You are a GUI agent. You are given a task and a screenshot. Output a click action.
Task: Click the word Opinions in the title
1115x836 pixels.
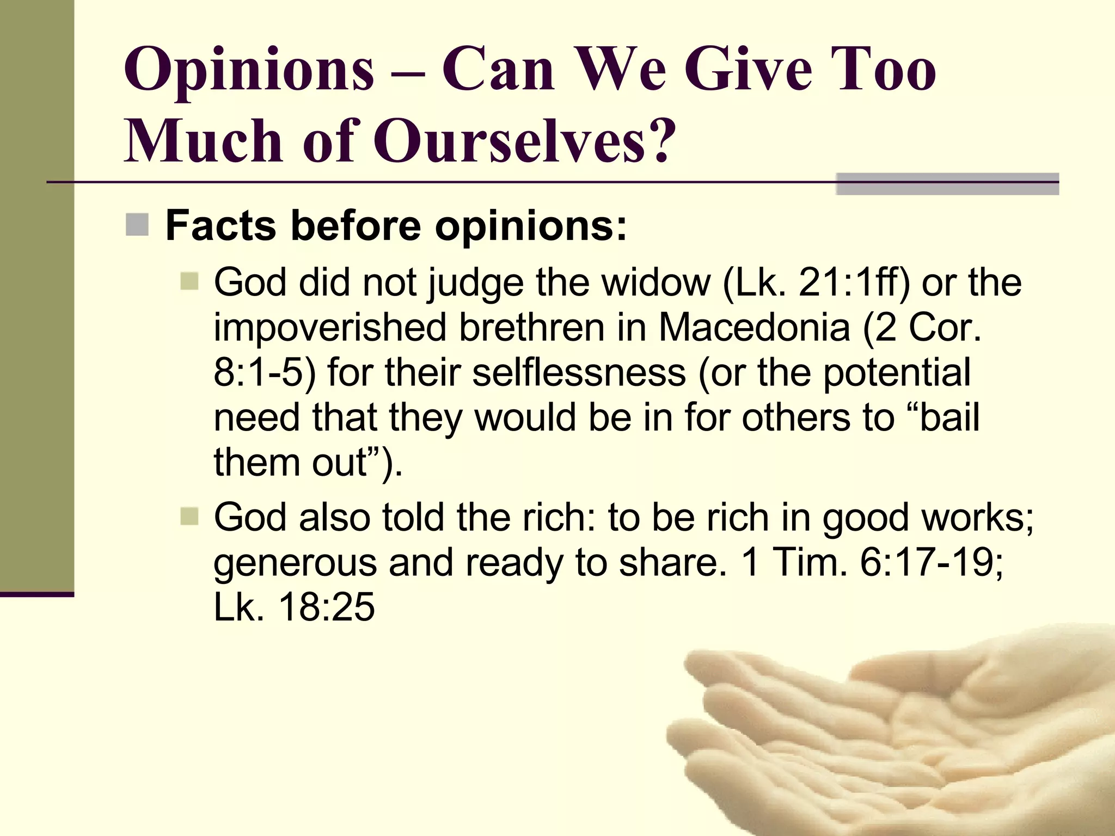point(249,71)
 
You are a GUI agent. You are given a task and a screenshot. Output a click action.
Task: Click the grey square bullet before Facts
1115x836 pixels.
point(137,225)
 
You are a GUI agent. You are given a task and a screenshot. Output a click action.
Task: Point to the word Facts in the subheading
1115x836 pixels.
point(220,225)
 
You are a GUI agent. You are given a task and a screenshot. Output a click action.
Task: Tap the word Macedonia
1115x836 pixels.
point(754,328)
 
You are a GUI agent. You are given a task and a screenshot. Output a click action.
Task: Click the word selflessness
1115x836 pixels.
point(579,373)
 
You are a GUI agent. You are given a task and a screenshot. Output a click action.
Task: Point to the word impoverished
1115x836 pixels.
point(330,328)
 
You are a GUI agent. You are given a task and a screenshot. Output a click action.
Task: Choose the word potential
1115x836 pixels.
point(897,373)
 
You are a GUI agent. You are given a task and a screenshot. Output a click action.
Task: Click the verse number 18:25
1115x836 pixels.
point(326,607)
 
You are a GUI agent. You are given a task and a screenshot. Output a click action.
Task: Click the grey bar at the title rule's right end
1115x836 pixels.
point(947,183)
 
